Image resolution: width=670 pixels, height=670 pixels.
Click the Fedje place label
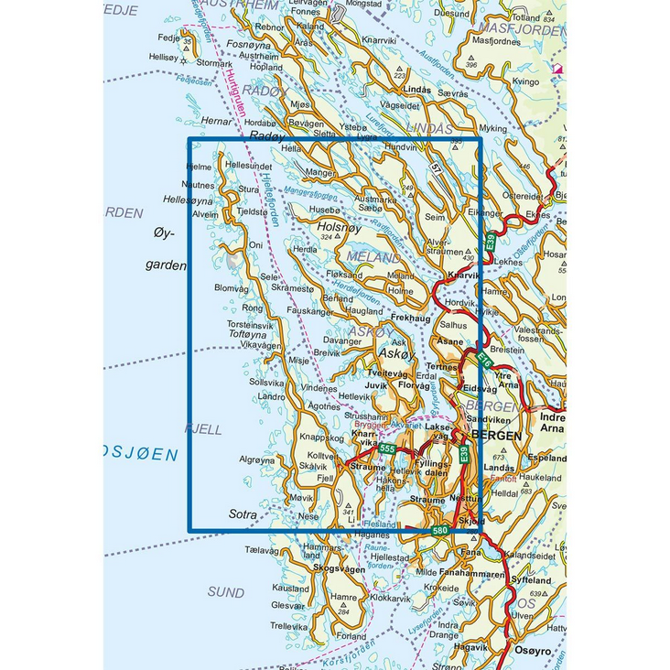tap(167, 38)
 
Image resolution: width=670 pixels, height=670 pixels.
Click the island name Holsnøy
tap(335, 224)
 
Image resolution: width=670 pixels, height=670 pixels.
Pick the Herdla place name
tap(304, 249)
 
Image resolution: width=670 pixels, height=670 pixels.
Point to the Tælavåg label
tap(261, 550)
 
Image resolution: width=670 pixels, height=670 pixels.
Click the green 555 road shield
tap(387, 448)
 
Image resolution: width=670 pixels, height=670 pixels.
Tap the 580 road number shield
tap(440, 531)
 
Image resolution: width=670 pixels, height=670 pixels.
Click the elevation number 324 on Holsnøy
tap(326, 238)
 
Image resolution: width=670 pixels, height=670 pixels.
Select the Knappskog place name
tap(320, 438)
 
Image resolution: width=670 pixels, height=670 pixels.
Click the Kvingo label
tap(525, 81)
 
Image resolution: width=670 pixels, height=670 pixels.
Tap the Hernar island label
tap(217, 120)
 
